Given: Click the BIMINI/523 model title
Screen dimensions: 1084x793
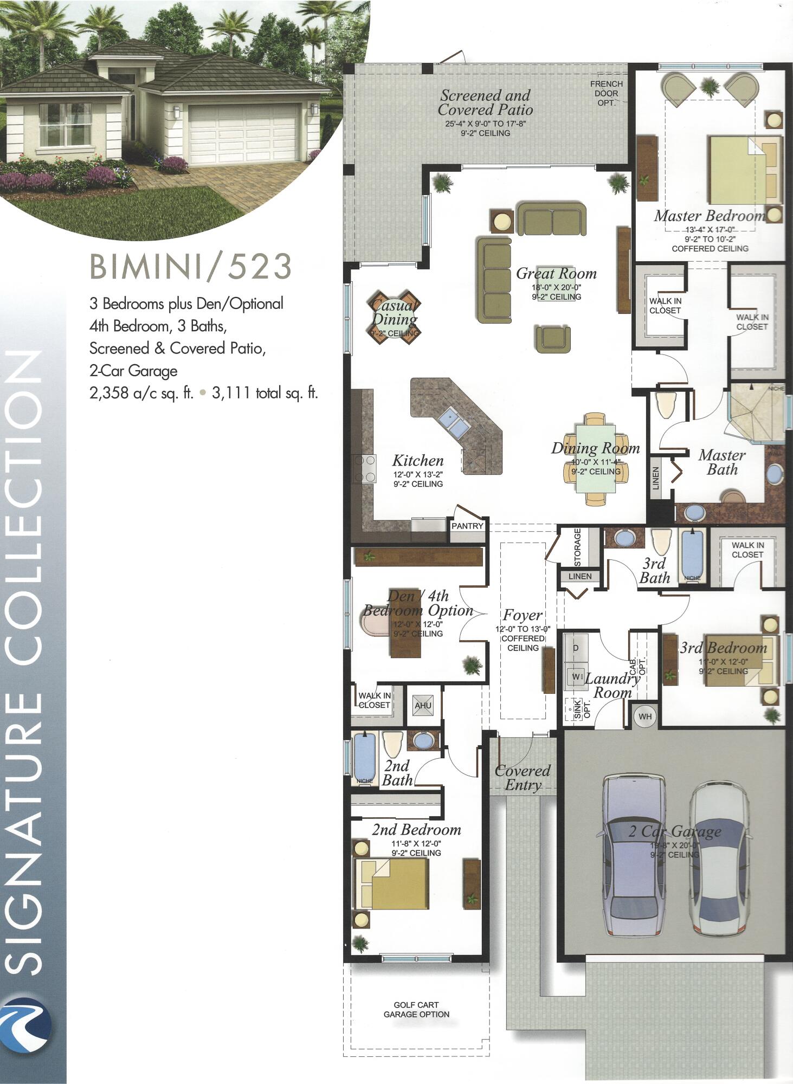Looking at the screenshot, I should (190, 266).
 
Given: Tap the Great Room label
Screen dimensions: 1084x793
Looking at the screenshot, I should (556, 273).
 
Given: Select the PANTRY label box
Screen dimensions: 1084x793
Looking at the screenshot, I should (467, 525).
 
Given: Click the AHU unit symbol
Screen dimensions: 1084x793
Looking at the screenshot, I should (423, 705).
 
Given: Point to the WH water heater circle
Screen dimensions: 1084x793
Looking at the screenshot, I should (645, 717).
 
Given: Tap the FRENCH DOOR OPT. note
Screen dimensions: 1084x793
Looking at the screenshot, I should (607, 93).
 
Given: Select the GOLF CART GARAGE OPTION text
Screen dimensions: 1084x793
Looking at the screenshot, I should (416, 1010).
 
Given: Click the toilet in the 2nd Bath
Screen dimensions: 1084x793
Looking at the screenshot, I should (392, 744).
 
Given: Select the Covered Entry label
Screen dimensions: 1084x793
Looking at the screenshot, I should (523, 778).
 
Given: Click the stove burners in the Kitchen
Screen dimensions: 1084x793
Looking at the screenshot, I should (364, 468).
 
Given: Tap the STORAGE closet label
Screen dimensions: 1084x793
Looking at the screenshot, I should (577, 546).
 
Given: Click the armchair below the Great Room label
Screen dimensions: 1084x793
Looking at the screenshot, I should (552, 338).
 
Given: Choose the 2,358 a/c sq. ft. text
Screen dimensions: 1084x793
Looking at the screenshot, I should (141, 393).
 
